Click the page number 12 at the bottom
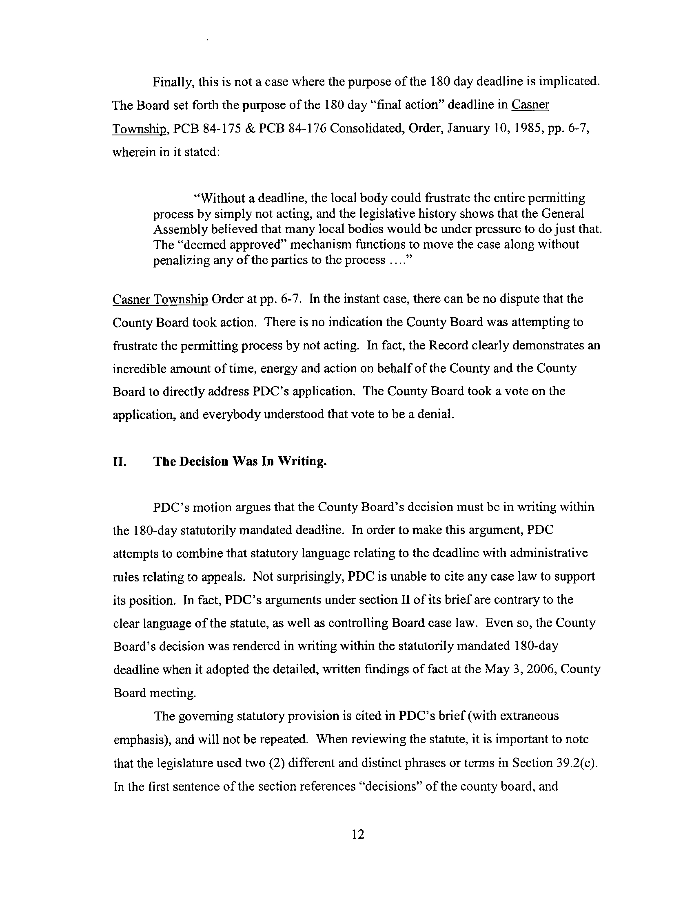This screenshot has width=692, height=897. pyautogui.click(x=358, y=834)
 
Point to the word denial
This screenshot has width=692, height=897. pyautogui.click(x=435, y=414)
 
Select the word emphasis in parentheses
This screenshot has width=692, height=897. pyautogui.click(x=139, y=740)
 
